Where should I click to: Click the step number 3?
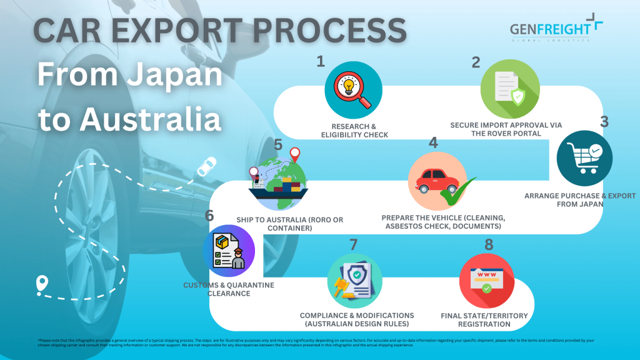point(604,121)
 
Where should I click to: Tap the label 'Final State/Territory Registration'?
point(484,319)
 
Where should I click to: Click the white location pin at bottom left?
point(42,284)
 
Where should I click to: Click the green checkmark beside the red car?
point(459,192)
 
